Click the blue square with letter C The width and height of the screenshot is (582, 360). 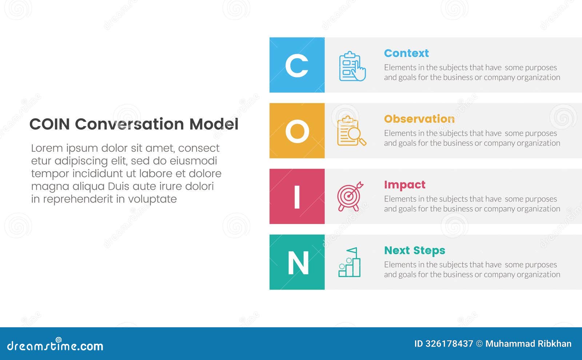[x=297, y=65]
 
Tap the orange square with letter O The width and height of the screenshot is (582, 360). [x=297, y=131]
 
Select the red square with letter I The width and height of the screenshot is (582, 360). [x=297, y=197]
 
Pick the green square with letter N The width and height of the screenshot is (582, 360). [x=297, y=262]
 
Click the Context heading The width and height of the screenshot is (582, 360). [x=406, y=53]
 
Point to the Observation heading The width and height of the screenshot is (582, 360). [x=419, y=119]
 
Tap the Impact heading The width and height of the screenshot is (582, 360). [x=404, y=185]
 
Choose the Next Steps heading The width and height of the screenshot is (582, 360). [x=414, y=251]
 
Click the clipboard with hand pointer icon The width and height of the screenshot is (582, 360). [x=352, y=66]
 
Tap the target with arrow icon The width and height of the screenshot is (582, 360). [x=350, y=196]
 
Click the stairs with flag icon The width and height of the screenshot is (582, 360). [x=349, y=263]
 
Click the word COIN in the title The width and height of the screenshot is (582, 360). [x=49, y=124]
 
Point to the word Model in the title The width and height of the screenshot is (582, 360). [x=214, y=124]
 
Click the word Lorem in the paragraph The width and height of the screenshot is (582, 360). [x=47, y=148]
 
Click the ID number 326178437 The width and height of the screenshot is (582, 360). [x=449, y=344]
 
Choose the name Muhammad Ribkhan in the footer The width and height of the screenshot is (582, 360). [x=528, y=344]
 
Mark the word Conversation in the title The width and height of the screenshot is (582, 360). [x=129, y=124]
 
